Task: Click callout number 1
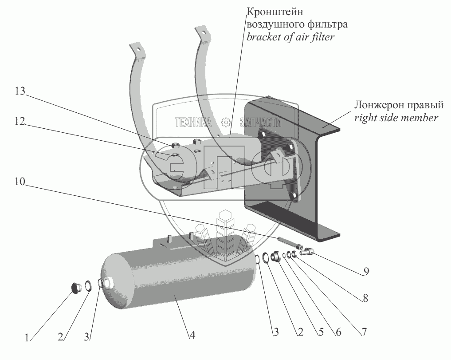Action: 27,338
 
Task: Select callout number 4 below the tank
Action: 192,336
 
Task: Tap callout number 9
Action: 365,271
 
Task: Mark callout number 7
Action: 364,331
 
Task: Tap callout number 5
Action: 317,331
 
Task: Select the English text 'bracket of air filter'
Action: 290,37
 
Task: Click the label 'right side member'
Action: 396,118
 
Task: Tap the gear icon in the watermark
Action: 226,122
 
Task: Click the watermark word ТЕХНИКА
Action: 193,123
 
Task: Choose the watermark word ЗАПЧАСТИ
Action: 260,123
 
